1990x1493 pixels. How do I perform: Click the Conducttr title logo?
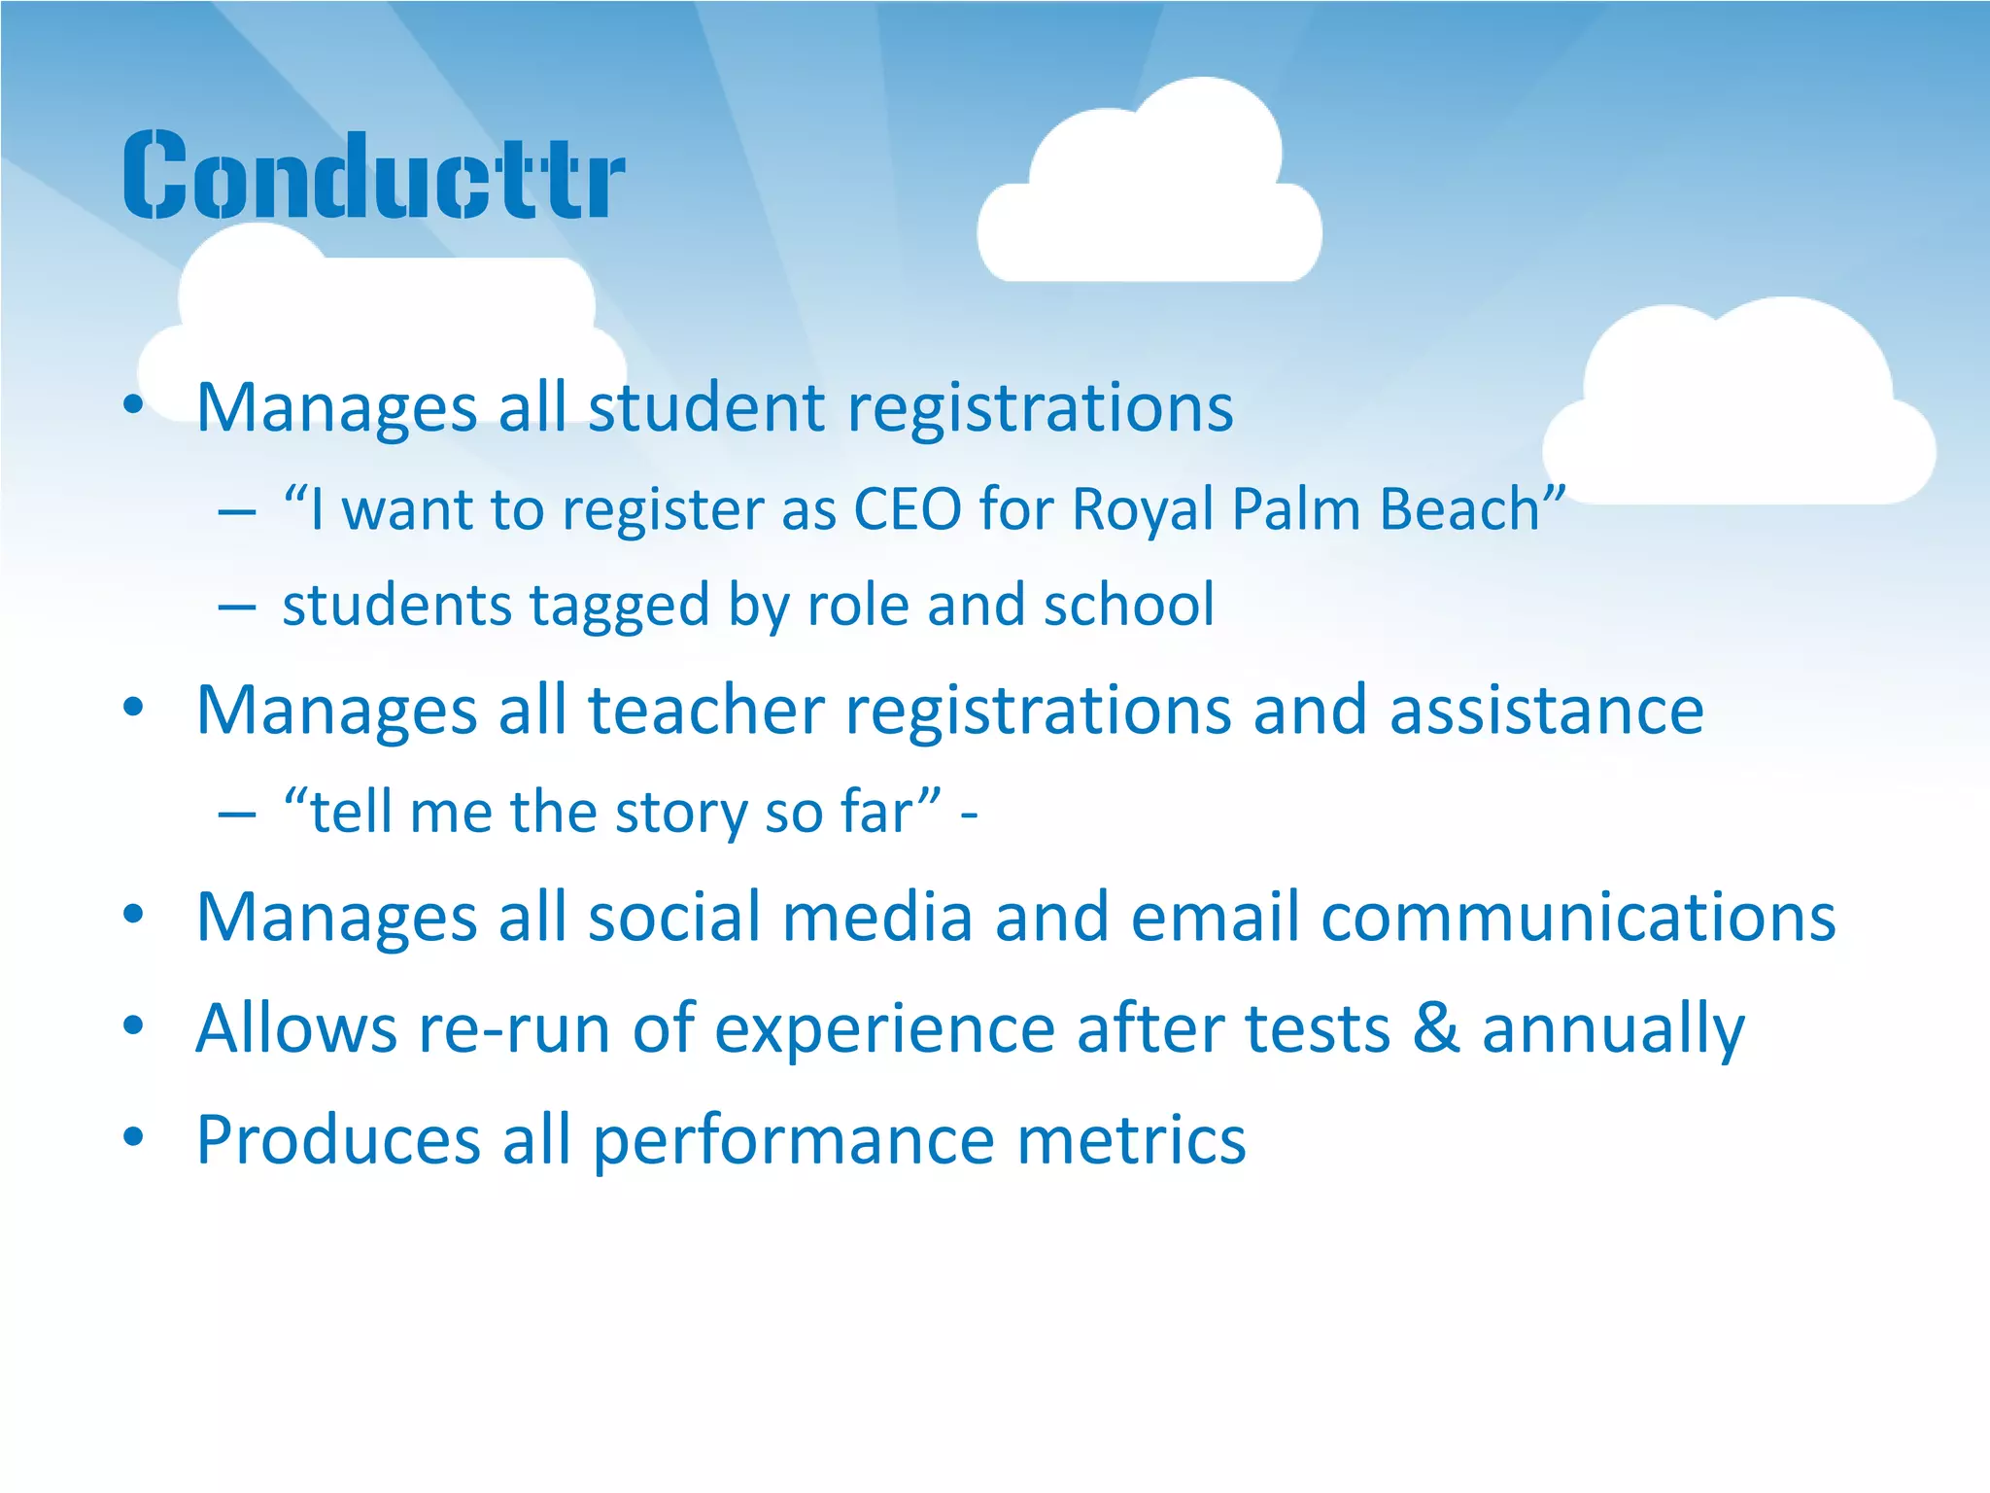coord(374,175)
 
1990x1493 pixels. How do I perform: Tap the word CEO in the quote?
coord(907,508)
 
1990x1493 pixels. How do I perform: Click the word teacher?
coord(706,710)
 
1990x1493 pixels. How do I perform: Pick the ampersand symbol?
coord(1435,1028)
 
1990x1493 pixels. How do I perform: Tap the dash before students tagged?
coord(237,608)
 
